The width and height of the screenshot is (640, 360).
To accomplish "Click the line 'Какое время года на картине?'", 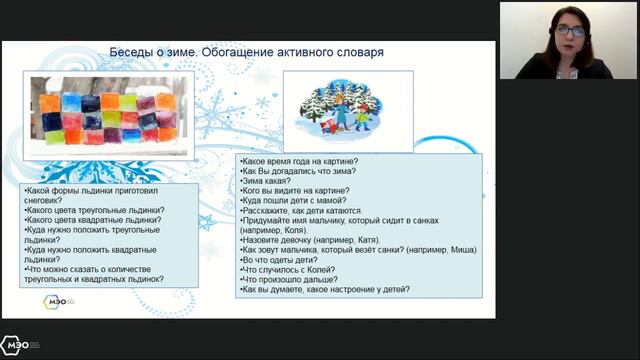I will [300, 161].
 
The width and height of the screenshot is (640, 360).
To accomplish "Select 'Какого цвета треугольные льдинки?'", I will [95, 210].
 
